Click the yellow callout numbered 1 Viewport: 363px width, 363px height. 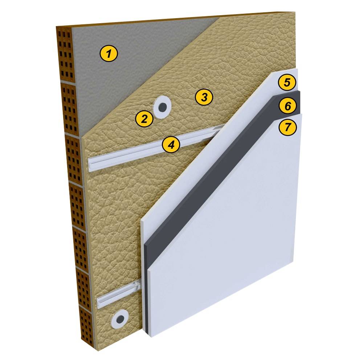(x=109, y=53)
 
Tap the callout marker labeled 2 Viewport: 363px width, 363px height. (x=144, y=119)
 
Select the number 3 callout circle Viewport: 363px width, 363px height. (x=204, y=97)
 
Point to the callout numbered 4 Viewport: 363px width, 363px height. (x=171, y=145)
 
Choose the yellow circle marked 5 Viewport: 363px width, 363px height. (x=287, y=82)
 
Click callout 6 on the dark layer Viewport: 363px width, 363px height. (x=288, y=106)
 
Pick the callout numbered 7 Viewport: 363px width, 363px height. (x=287, y=127)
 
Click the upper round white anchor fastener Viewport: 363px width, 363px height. (x=162, y=107)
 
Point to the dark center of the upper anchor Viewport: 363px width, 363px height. (x=163, y=107)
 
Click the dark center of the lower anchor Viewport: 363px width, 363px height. (x=120, y=320)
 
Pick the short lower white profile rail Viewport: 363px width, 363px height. (x=118, y=294)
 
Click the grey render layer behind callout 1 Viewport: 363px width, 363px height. (x=130, y=69)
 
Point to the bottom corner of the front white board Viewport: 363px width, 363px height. (x=152, y=337)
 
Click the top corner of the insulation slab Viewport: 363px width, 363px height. (x=294, y=12)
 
